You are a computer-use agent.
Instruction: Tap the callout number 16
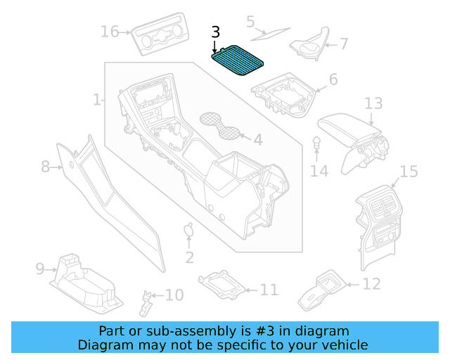110,32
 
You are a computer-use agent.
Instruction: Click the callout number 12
371,284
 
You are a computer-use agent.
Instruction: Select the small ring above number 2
189,229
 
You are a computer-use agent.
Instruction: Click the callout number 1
97,100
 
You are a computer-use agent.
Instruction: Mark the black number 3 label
215,32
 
